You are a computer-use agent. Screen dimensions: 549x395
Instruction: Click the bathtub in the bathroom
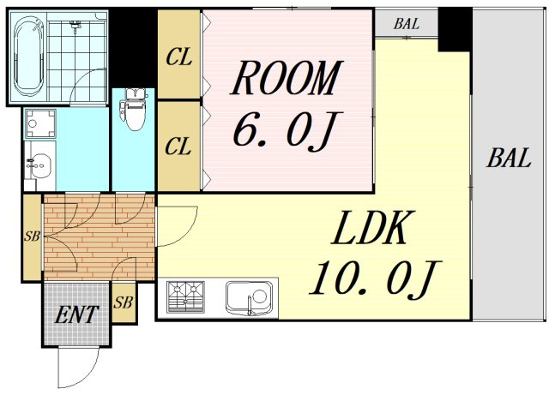coord(29,57)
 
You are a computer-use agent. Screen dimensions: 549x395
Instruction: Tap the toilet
coord(132,110)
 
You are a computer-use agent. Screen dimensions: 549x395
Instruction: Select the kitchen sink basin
coord(249,297)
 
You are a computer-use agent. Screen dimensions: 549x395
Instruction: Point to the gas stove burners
coord(185,296)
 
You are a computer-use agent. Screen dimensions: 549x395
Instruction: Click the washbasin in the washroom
coord(39,165)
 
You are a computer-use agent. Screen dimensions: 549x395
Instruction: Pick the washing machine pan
coord(40,123)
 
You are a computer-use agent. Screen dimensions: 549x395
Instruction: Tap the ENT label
coord(76,314)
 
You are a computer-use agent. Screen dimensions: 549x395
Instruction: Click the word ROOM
coord(286,78)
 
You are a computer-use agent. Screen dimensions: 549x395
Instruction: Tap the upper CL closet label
coord(178,57)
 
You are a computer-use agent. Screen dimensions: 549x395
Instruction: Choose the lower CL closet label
coord(178,147)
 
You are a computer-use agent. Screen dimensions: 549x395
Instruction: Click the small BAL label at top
coord(406,24)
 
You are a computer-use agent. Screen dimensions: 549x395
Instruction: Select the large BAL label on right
coord(509,158)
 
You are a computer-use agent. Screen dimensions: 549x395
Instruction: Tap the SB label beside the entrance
coord(123,302)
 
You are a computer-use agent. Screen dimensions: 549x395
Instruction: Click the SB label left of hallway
coord(32,236)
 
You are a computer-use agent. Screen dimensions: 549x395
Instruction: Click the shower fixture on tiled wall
coord(75,25)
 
